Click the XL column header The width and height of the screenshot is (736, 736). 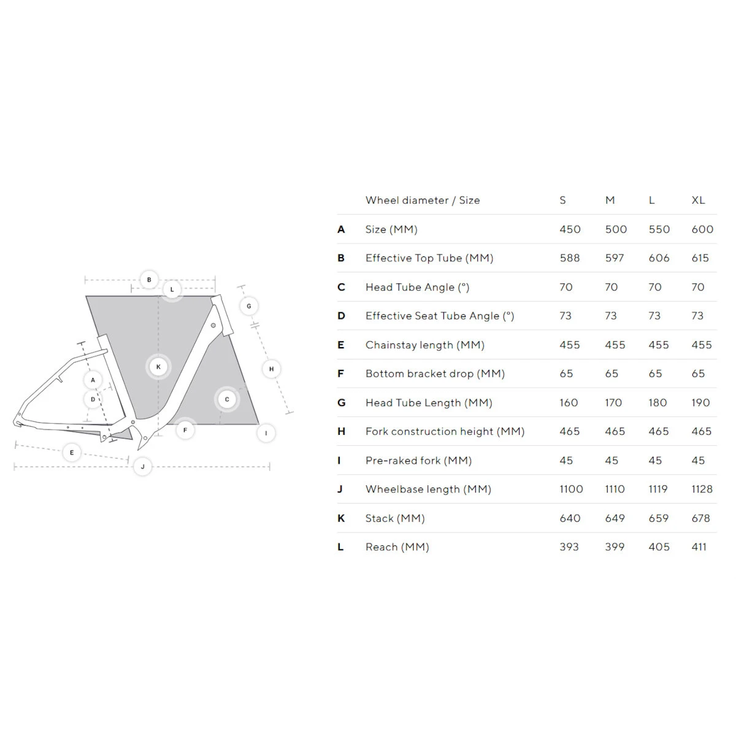click(698, 200)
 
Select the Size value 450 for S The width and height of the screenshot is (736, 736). click(570, 229)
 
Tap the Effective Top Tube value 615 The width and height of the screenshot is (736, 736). click(700, 258)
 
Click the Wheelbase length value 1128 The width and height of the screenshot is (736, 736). click(702, 489)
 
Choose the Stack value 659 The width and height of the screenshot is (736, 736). click(659, 518)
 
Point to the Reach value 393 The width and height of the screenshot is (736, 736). click(569, 547)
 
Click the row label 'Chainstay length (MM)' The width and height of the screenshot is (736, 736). click(424, 345)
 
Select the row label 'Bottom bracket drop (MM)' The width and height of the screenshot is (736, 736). click(435, 374)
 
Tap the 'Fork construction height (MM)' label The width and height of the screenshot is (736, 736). click(445, 432)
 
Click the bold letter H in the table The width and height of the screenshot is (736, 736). click(341, 432)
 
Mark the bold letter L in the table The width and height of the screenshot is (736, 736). click(340, 547)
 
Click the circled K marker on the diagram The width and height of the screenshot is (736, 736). click(158, 367)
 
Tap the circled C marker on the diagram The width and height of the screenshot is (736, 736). click(227, 400)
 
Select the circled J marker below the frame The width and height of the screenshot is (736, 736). click(142, 467)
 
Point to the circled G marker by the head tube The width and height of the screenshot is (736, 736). click(249, 306)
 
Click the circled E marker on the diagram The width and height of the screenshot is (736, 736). click(72, 453)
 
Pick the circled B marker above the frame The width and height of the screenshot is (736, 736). click(149, 280)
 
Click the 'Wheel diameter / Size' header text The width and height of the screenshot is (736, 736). click(422, 200)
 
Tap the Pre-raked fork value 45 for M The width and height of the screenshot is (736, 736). click(611, 461)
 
